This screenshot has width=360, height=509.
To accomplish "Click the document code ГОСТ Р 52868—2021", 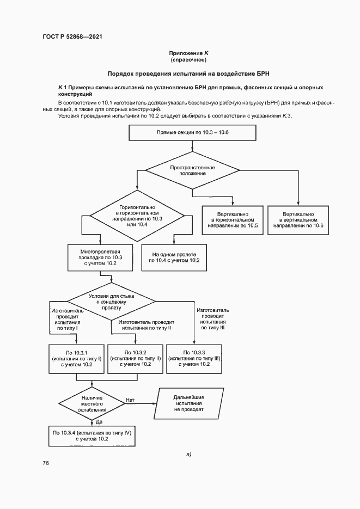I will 72,36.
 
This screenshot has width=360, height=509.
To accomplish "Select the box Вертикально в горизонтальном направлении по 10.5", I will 233,220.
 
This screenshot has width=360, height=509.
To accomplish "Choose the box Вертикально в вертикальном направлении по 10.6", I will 299,220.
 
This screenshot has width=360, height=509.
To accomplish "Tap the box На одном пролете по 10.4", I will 170,257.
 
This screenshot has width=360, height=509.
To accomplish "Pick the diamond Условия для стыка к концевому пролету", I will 112,300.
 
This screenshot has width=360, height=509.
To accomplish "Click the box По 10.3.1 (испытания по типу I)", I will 76,359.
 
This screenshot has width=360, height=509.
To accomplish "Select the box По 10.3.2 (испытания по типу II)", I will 136,359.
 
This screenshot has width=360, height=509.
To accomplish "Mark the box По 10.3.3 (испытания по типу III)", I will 194,359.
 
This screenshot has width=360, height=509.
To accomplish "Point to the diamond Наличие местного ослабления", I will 91,403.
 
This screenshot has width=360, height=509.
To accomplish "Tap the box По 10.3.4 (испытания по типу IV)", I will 92,435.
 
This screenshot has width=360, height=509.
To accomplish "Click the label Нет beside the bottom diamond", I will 130,400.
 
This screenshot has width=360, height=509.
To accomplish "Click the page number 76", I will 46,463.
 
